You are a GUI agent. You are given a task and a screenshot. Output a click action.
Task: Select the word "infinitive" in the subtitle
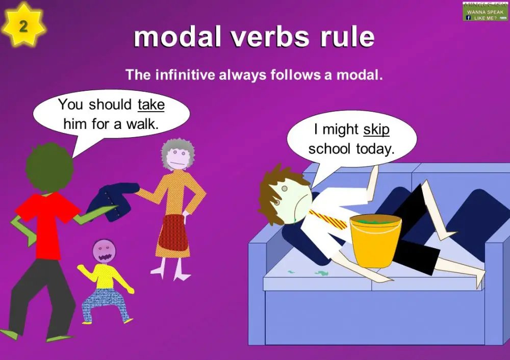point(184,75)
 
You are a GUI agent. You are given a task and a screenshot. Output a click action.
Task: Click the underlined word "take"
point(151,105)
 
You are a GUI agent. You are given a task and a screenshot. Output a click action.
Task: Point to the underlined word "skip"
point(376,130)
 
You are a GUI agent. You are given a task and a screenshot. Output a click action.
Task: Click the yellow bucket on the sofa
point(376,240)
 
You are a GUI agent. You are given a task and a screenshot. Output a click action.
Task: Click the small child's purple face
point(104,250)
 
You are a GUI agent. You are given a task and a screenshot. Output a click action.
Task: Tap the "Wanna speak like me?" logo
point(485,11)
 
